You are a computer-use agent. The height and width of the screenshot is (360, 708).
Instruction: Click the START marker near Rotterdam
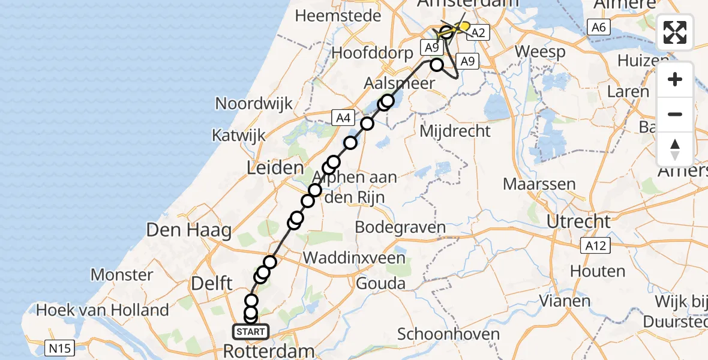(250, 332)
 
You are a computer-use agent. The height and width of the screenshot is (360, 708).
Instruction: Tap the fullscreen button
(675, 32)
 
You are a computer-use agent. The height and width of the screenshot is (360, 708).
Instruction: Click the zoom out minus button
(675, 114)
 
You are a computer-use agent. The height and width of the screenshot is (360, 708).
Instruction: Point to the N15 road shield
(61, 347)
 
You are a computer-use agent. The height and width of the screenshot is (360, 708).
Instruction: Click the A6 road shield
(598, 26)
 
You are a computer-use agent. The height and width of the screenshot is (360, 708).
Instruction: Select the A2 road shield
(478, 33)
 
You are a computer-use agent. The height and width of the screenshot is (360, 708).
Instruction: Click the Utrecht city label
(578, 221)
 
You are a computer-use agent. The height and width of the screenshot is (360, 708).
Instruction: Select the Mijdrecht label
(456, 131)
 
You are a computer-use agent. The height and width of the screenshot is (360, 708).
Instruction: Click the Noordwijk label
(254, 103)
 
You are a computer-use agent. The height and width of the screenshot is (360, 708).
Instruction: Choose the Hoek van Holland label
(103, 310)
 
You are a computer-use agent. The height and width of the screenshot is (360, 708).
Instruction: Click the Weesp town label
(540, 52)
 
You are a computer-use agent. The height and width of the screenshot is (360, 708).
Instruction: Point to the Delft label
(207, 283)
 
